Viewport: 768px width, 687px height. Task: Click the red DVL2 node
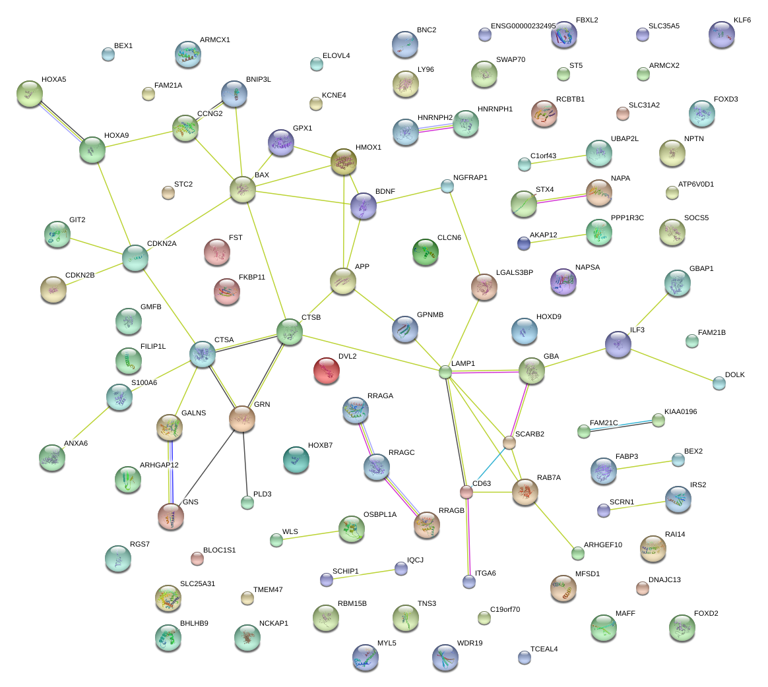click(x=326, y=371)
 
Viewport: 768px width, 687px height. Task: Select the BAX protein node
click(x=242, y=189)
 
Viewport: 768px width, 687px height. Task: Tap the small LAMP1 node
click(x=445, y=373)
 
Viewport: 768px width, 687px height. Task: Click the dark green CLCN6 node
click(x=425, y=252)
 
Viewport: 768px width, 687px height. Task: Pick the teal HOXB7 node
click(x=296, y=460)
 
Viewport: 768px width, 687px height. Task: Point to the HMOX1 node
click(x=343, y=162)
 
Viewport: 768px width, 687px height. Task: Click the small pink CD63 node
click(x=466, y=493)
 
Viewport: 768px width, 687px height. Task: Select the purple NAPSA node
click(x=563, y=282)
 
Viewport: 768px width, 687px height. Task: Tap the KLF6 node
click(x=721, y=34)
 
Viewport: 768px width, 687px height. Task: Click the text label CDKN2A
click(x=162, y=244)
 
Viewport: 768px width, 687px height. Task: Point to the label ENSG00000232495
click(x=523, y=26)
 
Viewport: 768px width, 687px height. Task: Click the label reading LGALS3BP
click(x=514, y=272)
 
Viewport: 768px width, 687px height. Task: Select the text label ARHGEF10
click(x=602, y=545)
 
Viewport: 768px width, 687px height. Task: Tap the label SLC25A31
click(x=197, y=583)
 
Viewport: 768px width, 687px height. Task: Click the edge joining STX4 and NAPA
click(x=561, y=198)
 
